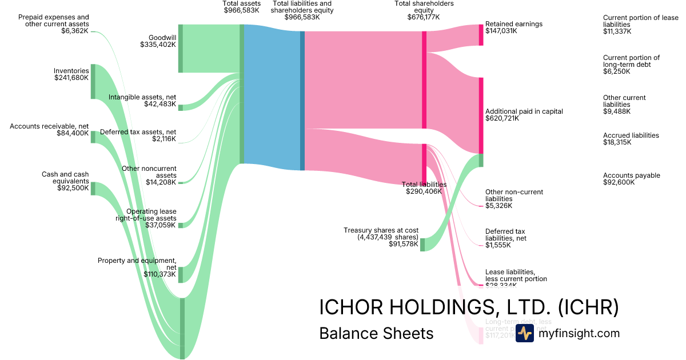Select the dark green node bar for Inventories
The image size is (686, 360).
pyautogui.click(x=93, y=82)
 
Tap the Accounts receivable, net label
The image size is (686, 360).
pyautogui.click(x=49, y=129)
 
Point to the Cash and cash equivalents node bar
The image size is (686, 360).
pyautogui.click(x=93, y=189)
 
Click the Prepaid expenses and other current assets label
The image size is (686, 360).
pyautogui.click(x=54, y=24)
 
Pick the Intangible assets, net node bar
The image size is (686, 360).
pyautogui.click(x=181, y=107)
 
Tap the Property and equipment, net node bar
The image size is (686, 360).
pyautogui.click(x=181, y=274)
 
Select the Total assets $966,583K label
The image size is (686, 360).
pyautogui.click(x=241, y=7)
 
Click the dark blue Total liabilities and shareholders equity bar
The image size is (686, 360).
pyautogui.click(x=302, y=101)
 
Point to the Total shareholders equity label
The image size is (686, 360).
pyautogui.click(x=424, y=10)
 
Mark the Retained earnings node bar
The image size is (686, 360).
pyautogui.click(x=481, y=35)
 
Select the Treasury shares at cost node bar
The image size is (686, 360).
pyautogui.click(x=422, y=245)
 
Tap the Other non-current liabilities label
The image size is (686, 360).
pyautogui.click(x=514, y=198)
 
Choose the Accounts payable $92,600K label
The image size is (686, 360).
pyautogui.click(x=631, y=179)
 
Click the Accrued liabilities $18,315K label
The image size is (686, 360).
pyautogui.click(x=631, y=139)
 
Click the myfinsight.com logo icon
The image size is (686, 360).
pyautogui.click(x=524, y=334)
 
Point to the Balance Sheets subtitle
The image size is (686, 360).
pyautogui.click(x=376, y=333)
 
